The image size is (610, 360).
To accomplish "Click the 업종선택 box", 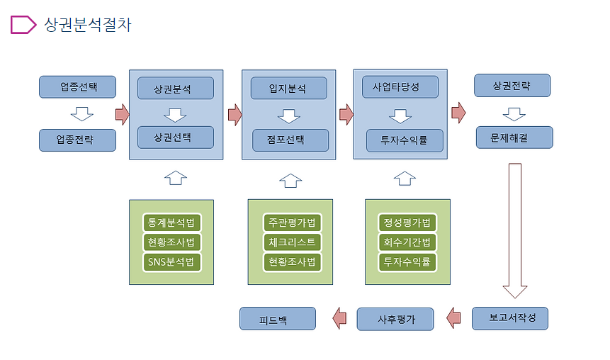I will [78, 87].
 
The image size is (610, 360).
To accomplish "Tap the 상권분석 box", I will [175, 89].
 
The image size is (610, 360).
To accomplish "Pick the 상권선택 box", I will [175, 137].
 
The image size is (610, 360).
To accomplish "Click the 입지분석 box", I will [288, 89].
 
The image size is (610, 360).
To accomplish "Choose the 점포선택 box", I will [290, 140].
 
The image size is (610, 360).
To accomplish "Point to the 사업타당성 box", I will [400, 87].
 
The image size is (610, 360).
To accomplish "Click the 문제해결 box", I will [514, 137].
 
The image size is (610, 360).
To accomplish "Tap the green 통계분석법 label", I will [171, 223].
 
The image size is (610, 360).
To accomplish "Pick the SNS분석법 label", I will [171, 261].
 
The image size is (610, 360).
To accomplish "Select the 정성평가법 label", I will [407, 223].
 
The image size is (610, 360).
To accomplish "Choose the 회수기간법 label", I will [407, 242].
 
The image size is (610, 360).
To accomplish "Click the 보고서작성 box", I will [509, 319].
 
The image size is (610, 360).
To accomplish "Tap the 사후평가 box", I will [395, 320].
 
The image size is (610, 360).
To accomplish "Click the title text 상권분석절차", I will [88, 25].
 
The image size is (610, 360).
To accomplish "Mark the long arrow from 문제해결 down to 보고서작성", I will [515, 227].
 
